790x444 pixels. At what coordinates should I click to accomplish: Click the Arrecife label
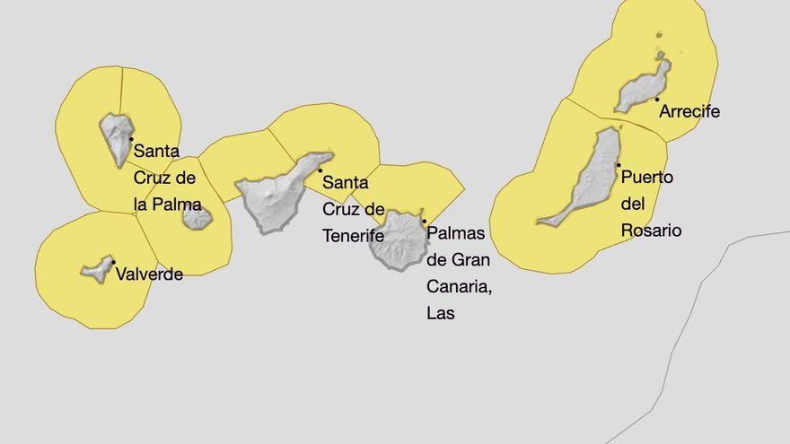click(x=689, y=112)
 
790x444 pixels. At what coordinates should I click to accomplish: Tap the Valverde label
click(x=149, y=274)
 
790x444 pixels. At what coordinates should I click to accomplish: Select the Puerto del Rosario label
click(x=651, y=204)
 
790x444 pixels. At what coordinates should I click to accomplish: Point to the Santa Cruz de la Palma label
click(x=167, y=178)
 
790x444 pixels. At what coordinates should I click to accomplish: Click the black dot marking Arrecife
click(x=657, y=99)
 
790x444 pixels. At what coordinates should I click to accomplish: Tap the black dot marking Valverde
click(x=113, y=262)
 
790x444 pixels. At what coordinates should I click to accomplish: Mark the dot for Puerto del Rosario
click(x=619, y=165)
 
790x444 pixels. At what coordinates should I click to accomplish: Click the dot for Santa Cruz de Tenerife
click(x=320, y=170)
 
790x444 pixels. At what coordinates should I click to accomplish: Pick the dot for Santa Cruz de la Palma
click(x=131, y=139)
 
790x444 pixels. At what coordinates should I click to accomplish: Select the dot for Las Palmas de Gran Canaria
click(x=425, y=221)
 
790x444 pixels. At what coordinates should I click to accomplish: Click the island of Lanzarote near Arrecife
click(x=641, y=90)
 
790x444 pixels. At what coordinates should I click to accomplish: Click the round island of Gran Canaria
click(x=399, y=240)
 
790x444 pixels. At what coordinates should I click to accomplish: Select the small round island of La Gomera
click(x=197, y=217)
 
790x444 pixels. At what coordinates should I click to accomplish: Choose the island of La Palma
click(x=117, y=136)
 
